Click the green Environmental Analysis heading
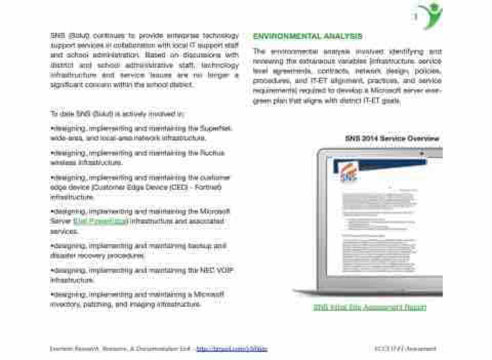coord(307,36)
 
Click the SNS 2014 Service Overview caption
coord(392,139)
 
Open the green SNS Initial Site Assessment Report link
coord(370,307)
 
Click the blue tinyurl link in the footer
coord(232,349)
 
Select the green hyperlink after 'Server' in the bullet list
coord(101,222)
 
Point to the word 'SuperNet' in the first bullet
coord(216,128)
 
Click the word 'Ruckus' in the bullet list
coord(213,153)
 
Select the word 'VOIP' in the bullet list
coord(225,270)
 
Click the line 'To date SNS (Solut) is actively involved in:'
coord(117,113)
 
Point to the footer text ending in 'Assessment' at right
coord(405,349)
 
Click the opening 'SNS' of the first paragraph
coord(57,36)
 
